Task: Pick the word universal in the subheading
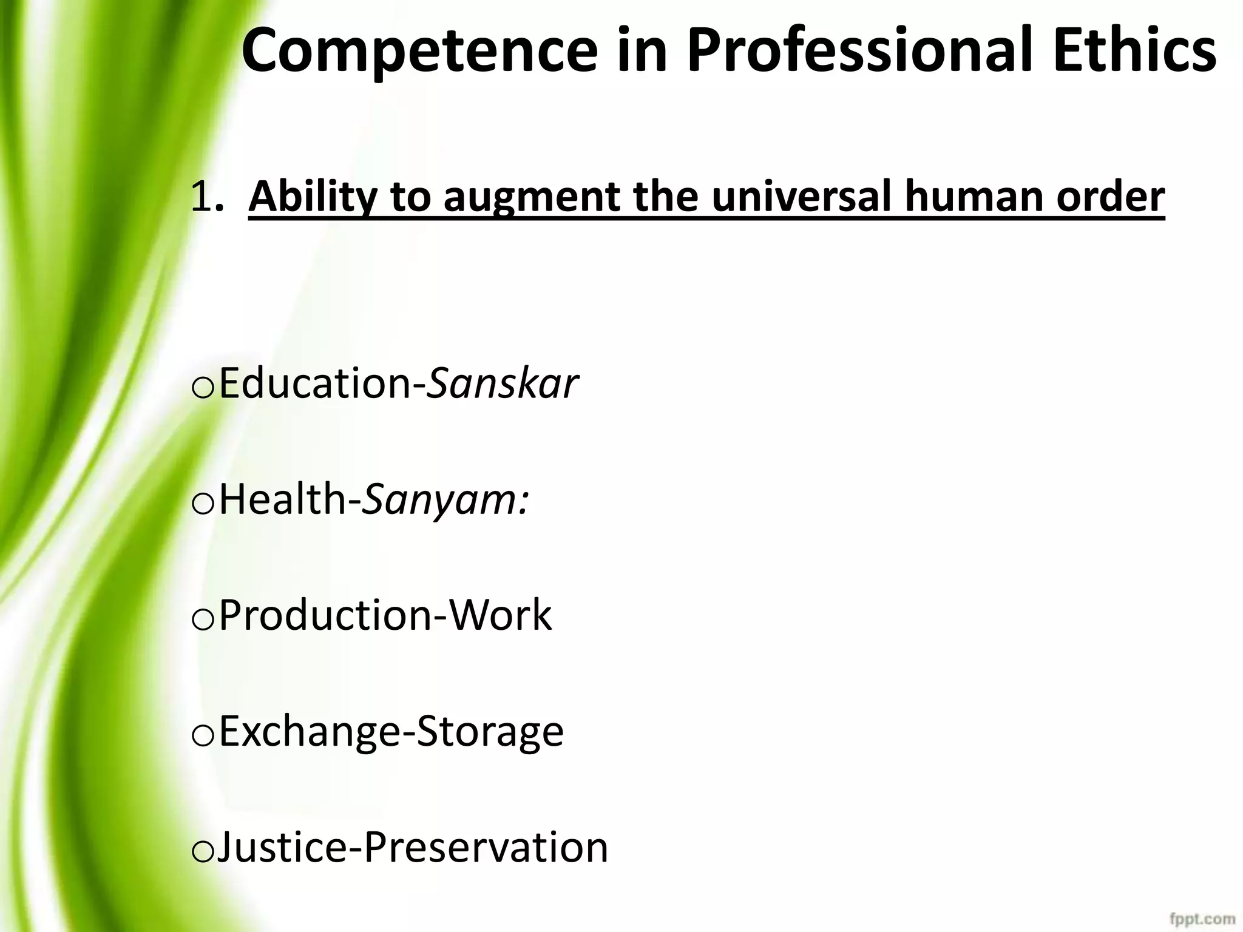coord(801,197)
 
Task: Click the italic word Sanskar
coord(503,383)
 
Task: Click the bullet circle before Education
coord(202,388)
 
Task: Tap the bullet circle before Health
coord(202,504)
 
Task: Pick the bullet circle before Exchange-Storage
coord(202,735)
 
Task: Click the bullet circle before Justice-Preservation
coord(202,851)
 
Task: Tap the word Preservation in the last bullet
coord(486,847)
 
